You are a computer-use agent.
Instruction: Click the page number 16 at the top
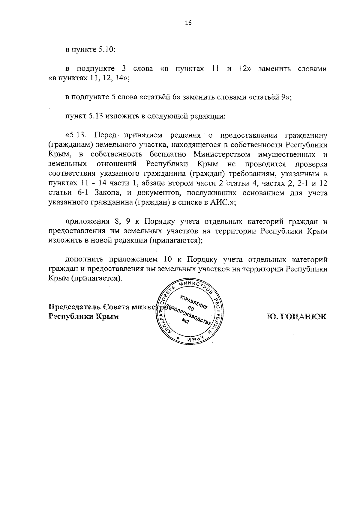188,23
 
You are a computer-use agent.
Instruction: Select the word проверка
311,164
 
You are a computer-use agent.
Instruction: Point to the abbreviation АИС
220,202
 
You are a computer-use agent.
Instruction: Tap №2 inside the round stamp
186,322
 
